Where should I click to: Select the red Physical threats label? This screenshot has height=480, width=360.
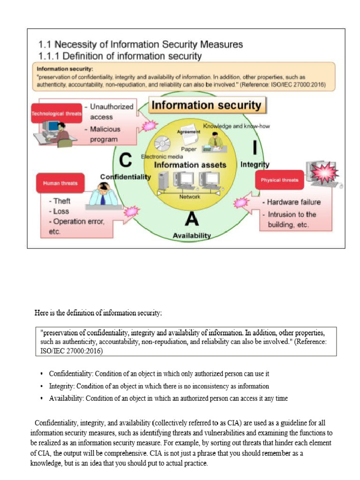[x=279, y=180]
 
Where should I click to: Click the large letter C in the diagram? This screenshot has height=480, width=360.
[x=125, y=161]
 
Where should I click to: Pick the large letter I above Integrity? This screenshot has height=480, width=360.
[x=255, y=147]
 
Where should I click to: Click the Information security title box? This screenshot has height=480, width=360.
[x=207, y=105]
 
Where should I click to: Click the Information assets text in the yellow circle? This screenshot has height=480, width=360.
[x=190, y=165]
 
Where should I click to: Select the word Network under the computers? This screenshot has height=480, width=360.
[x=190, y=197]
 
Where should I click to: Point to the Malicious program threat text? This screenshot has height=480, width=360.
[x=104, y=134]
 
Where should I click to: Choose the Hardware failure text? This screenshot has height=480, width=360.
[x=294, y=202]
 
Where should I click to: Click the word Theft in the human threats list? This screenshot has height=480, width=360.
[x=62, y=201]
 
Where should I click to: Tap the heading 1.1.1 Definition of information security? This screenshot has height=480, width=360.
[x=120, y=56]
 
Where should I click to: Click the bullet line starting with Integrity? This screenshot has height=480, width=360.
[x=159, y=386]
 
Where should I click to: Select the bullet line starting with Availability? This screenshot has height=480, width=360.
[x=168, y=398]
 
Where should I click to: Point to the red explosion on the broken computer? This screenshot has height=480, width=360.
[x=322, y=173]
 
